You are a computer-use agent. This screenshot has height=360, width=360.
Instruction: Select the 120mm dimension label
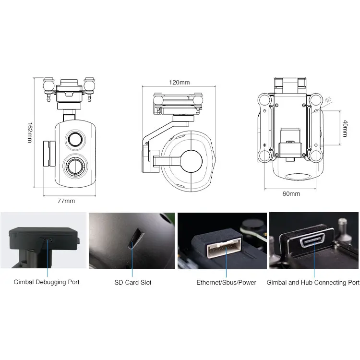(x=179, y=82)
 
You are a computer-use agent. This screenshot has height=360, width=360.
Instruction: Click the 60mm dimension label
(x=291, y=193)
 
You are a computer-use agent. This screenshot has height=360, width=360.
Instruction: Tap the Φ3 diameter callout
(x=328, y=101)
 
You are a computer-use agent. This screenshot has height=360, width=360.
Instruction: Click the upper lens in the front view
(x=75, y=139)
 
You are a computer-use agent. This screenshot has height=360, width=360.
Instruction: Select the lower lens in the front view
(x=75, y=166)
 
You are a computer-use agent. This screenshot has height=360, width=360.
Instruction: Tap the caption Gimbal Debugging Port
(x=47, y=282)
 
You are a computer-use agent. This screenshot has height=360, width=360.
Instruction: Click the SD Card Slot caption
(x=132, y=282)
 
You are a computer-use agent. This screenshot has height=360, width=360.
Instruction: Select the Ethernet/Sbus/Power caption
(x=226, y=282)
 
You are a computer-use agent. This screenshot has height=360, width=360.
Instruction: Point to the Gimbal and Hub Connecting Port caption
(x=313, y=282)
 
